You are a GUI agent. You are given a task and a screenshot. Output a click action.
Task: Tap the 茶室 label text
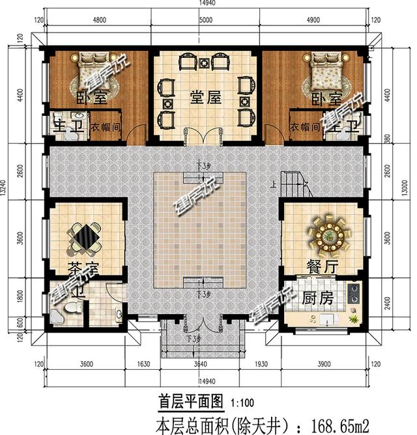[x=82, y=268]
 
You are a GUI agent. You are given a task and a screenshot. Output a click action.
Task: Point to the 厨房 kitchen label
[x=318, y=300]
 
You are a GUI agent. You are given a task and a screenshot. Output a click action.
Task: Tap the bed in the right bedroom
[x=323, y=75]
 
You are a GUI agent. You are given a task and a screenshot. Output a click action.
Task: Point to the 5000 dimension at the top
[x=205, y=20]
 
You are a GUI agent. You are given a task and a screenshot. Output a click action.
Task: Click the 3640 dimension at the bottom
[x=202, y=364]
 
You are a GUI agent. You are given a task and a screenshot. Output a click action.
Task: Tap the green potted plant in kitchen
[x=354, y=320]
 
